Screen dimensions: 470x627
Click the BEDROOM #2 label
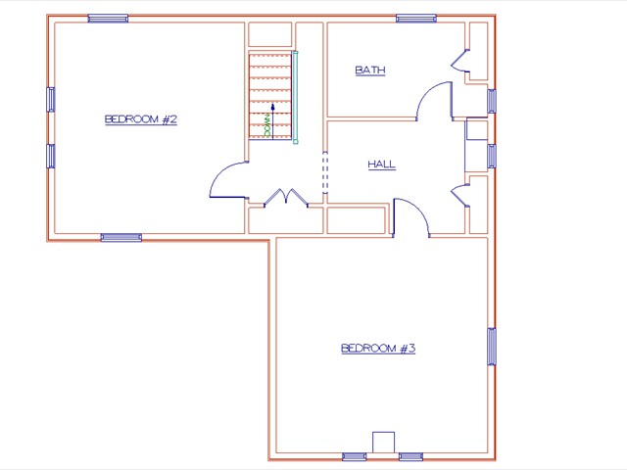[140, 119]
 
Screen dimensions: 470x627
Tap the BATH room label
[369, 70]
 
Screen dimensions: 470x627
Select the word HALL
[381, 164]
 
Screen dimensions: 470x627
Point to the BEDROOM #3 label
[378, 348]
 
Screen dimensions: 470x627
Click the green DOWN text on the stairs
[266, 124]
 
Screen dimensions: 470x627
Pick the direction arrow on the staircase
[272, 110]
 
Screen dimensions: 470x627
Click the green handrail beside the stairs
[295, 98]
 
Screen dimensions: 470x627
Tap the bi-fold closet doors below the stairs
[285, 198]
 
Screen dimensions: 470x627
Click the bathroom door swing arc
[434, 101]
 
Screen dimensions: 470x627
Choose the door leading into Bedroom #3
[411, 216]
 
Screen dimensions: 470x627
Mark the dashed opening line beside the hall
[324, 172]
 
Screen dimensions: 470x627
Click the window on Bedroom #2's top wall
[108, 18]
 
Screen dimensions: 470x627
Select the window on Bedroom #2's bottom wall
[121, 237]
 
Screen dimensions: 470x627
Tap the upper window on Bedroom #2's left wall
[51, 99]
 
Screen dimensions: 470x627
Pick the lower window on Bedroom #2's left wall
[51, 156]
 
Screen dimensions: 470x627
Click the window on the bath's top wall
[416, 18]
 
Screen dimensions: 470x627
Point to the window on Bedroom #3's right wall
[491, 346]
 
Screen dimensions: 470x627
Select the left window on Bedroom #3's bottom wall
[355, 456]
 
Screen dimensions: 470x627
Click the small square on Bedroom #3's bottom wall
[383, 442]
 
